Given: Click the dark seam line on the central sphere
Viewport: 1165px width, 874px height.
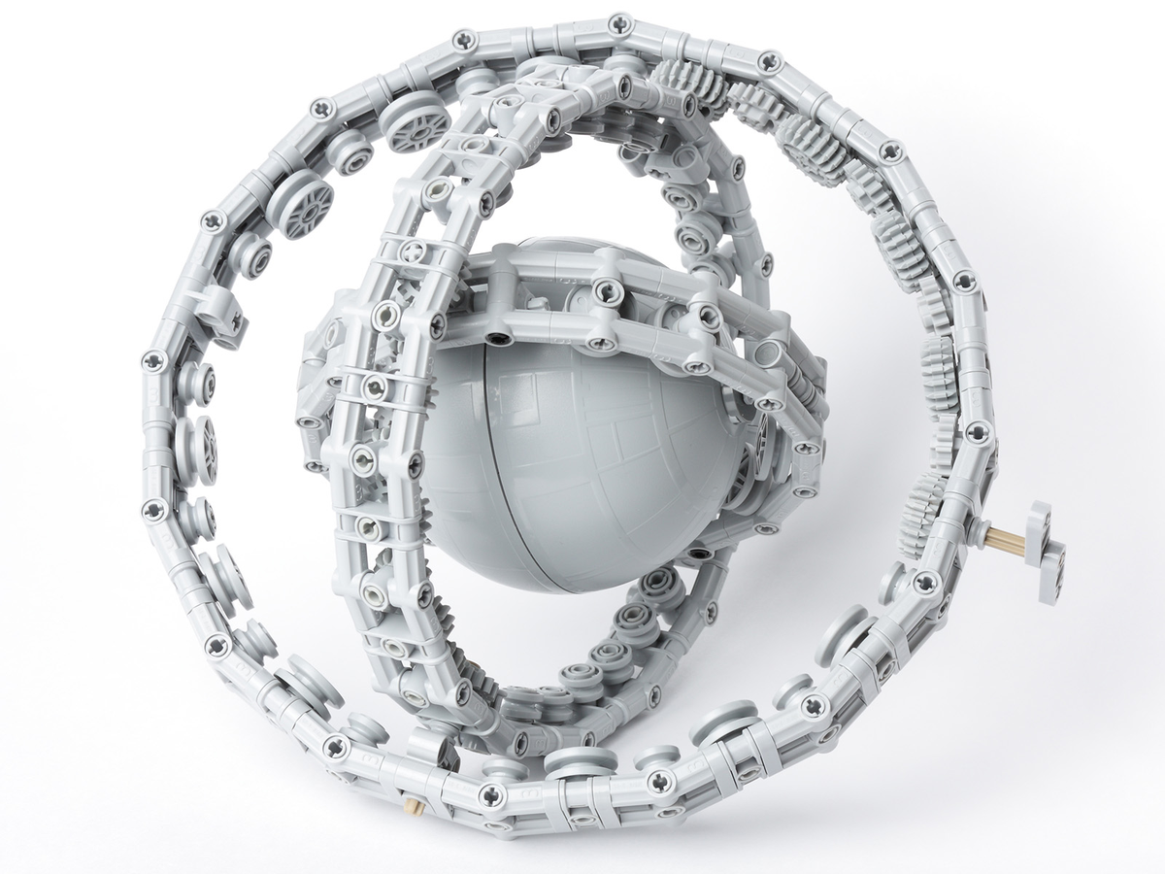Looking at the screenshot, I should point(505,466).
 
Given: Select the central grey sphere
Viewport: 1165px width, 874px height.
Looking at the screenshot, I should point(582,456).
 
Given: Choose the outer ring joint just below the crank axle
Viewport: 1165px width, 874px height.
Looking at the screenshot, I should point(926,582).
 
